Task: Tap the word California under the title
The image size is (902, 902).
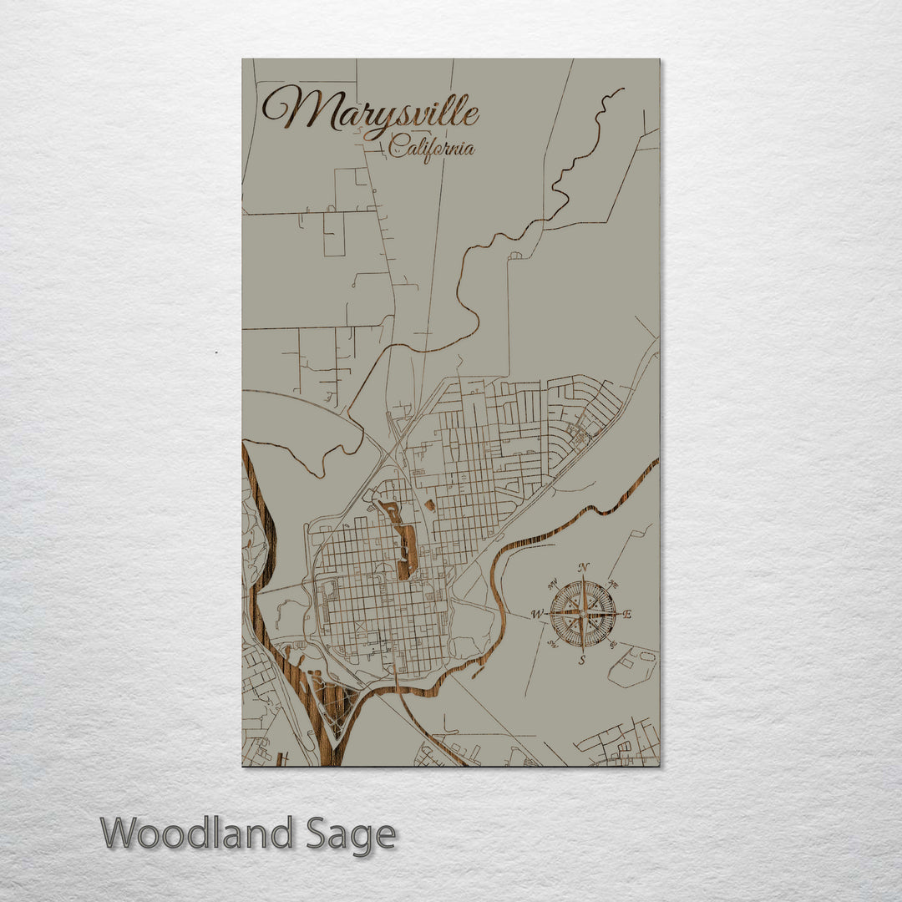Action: (432, 149)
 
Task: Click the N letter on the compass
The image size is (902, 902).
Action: (584, 567)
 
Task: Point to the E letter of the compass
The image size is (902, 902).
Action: (628, 615)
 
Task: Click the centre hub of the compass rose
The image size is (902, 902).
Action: (583, 614)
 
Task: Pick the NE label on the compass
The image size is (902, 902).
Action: (615, 584)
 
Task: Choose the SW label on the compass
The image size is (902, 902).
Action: (552, 644)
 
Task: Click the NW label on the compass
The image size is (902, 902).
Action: (553, 584)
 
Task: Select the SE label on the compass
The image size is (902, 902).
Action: (614, 644)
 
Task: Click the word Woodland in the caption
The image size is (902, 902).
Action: (197, 834)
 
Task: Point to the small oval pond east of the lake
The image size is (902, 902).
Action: (429, 505)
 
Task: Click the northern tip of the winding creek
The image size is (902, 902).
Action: (619, 91)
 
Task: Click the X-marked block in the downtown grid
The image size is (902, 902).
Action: (359, 624)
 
